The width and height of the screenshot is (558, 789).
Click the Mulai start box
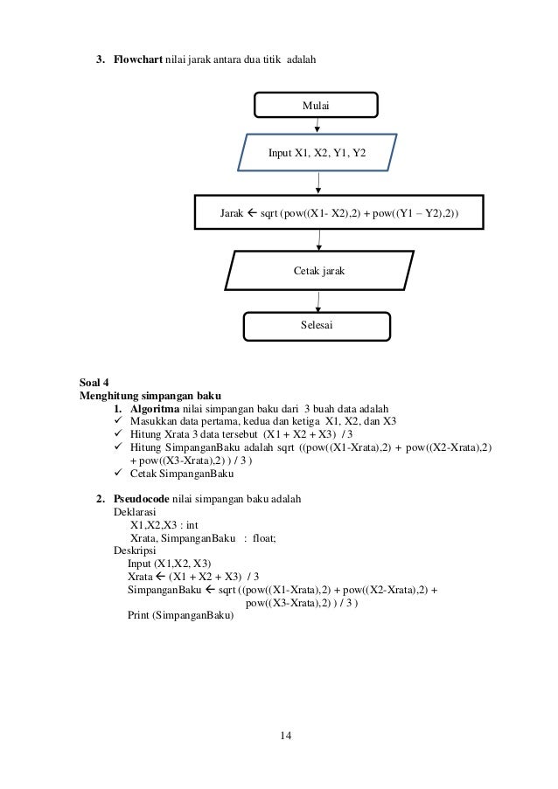coord(316,106)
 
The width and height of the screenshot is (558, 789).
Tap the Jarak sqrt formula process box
coord(339,212)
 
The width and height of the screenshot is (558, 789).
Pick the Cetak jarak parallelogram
coord(318,271)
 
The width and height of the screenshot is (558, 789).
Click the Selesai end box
coord(317,325)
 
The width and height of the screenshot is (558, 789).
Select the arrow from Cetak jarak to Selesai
coord(317,301)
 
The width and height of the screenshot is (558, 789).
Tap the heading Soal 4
coord(94,381)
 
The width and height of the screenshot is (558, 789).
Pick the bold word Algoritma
coord(155,408)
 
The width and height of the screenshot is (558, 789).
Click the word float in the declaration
coord(263,538)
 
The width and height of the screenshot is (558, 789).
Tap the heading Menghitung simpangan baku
coord(150,395)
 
